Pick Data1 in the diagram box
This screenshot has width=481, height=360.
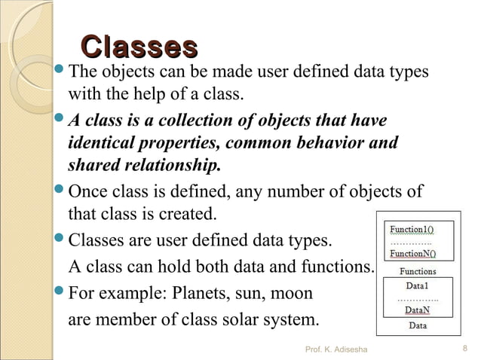(x=418, y=286)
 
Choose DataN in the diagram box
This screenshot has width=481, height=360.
(x=418, y=310)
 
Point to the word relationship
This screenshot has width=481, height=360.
(x=172, y=165)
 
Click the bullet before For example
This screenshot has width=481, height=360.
(x=60, y=291)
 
